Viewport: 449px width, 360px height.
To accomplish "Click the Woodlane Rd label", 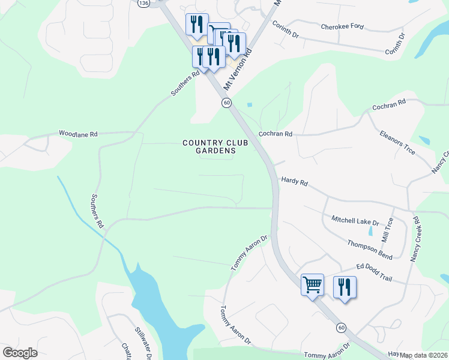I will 78,134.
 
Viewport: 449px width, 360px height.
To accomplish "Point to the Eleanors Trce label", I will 397,142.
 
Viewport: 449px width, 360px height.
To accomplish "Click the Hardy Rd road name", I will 294,181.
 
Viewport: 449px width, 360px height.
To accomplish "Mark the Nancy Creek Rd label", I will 416,242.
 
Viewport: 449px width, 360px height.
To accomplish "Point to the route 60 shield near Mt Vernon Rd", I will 226,103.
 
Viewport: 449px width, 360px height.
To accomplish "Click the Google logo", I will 20,353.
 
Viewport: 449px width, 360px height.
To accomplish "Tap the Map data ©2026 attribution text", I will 424,355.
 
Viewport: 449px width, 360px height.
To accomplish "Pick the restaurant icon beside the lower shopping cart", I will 345,287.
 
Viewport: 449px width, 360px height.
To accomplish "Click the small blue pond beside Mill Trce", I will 371,230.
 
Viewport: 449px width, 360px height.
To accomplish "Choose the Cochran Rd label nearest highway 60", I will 275,134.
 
